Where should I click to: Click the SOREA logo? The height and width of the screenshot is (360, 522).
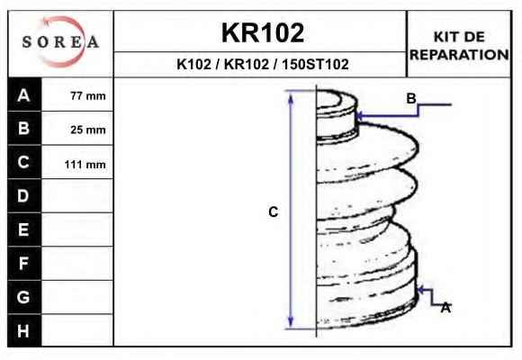coord(60,41)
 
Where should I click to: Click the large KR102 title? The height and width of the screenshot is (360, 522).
coord(263,32)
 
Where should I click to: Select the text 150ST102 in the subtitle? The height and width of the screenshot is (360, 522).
coord(315,64)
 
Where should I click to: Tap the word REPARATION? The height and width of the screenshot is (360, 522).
coord(459,55)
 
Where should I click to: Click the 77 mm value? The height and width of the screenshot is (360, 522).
coord(88,96)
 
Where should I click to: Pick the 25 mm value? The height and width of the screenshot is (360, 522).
coord(88,130)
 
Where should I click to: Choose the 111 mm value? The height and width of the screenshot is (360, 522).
coord(85,164)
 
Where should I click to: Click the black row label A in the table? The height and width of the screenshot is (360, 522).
coord(24,94)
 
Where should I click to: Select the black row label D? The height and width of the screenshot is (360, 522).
coord(24,196)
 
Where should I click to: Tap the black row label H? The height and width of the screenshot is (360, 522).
coord(24,330)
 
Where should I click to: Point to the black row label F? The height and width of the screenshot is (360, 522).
coord(24,264)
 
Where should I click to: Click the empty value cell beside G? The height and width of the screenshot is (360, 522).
coord(77,297)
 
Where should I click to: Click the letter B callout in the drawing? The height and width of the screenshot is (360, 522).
coord(411,98)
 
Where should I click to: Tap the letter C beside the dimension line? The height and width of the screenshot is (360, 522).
coord(274,211)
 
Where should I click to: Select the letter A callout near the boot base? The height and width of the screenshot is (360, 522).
coord(445,308)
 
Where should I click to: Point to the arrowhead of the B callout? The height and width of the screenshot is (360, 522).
coord(359,116)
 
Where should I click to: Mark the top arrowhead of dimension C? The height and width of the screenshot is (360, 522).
coord(291,97)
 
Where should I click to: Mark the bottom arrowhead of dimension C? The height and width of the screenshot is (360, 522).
coord(291,321)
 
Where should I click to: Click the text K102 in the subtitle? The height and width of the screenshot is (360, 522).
coord(193,64)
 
